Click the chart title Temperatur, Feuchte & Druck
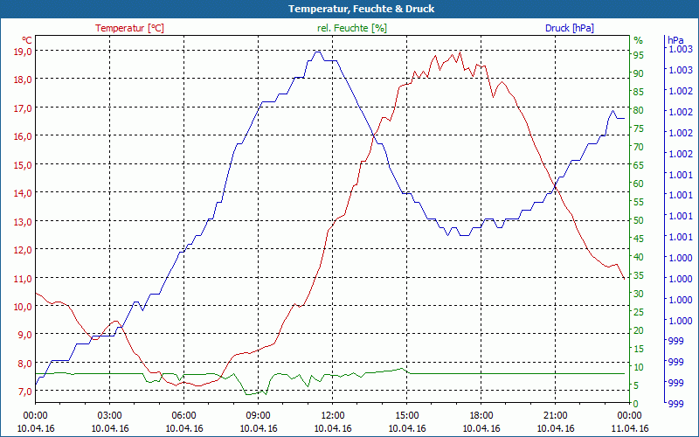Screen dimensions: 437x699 coord(349,9)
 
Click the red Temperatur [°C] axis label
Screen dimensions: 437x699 coord(129,28)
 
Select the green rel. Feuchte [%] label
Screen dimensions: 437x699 coord(351,28)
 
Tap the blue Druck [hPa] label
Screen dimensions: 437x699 coord(569,28)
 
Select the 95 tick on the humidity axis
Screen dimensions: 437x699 coord(639,55)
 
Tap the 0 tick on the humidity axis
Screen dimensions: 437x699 coord(636,404)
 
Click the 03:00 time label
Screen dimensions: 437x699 coord(109,416)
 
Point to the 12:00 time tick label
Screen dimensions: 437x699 coord(332,416)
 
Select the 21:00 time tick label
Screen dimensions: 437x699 coord(555,416)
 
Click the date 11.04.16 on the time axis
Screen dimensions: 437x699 coord(629,428)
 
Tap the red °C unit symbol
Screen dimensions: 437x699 coord(27,40)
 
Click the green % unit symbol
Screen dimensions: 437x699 coord(638,40)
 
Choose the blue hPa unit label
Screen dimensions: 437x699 coord(675,40)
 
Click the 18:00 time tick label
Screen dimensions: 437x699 coord(481,416)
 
